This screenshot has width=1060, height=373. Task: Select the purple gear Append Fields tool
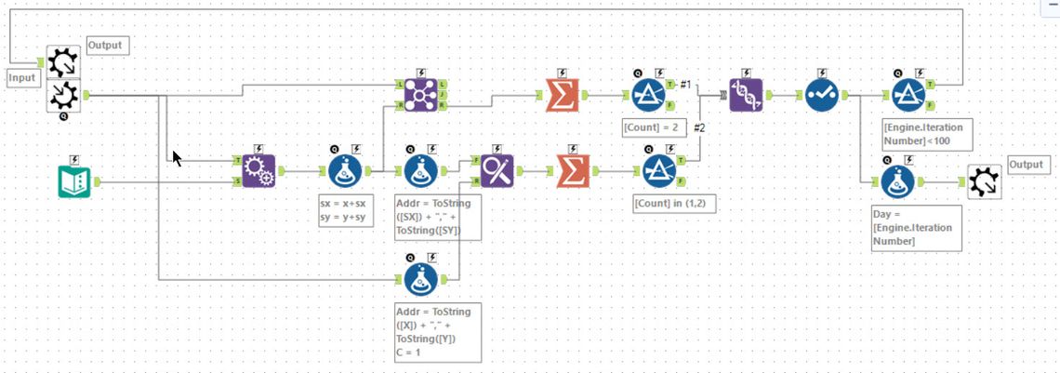(258, 170)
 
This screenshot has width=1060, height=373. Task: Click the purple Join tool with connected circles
(418, 95)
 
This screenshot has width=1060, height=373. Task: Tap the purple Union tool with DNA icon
(746, 95)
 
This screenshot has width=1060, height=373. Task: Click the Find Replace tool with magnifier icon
(496, 170)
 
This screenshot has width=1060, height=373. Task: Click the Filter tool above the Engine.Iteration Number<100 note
(907, 95)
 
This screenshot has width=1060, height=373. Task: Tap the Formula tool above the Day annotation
(897, 180)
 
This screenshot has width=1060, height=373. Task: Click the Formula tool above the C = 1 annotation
(421, 276)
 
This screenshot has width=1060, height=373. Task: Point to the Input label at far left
(21, 78)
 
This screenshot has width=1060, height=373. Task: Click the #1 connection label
(685, 85)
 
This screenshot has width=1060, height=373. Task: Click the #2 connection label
(700, 127)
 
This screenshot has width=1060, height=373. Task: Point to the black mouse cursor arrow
(177, 157)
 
